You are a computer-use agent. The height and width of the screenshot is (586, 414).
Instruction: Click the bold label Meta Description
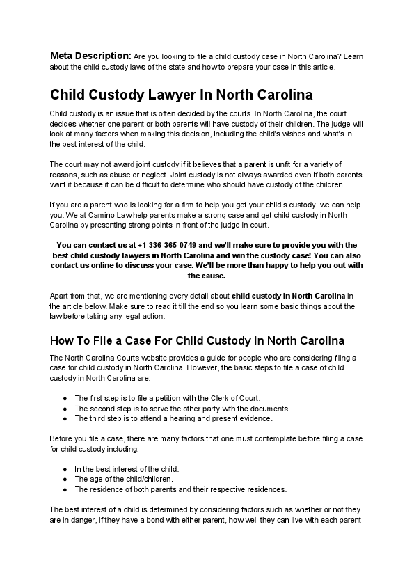click(90, 55)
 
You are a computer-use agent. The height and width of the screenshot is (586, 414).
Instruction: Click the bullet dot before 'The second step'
click(65, 409)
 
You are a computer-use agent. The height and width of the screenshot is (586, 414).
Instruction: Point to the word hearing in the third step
click(182, 418)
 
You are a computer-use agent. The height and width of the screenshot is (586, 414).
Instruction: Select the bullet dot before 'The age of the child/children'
click(65, 479)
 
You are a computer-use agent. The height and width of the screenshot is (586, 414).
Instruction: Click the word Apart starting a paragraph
click(60, 296)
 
